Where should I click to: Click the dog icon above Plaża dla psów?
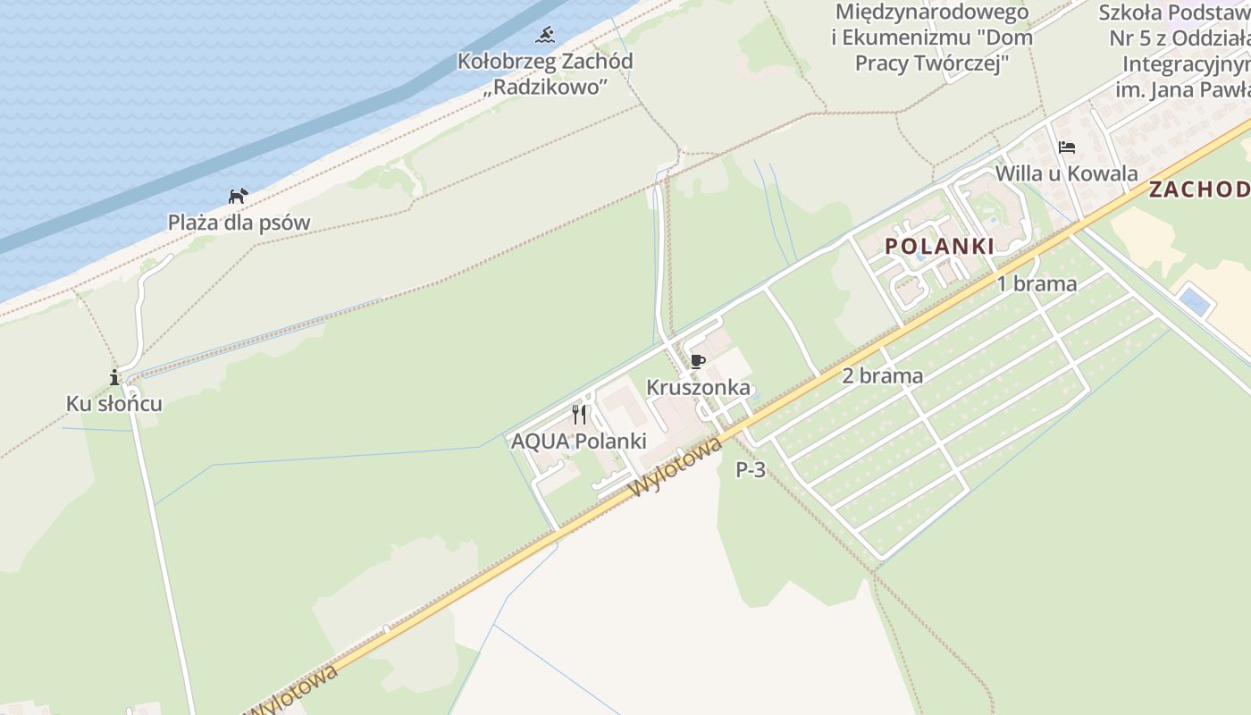click(237, 196)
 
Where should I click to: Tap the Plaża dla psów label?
click(239, 223)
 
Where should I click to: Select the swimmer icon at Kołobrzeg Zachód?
click(545, 36)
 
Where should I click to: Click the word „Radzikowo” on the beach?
click(545, 87)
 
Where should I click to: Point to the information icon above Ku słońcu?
click(114, 377)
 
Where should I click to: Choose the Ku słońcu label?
click(114, 404)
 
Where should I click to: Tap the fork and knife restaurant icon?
click(579, 414)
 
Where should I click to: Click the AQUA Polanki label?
click(578, 442)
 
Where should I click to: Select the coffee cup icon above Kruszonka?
click(698, 361)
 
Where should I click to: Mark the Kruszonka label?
click(698, 388)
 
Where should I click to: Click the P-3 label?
click(751, 470)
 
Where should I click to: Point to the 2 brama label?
click(882, 376)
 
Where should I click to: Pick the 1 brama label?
click(1037, 284)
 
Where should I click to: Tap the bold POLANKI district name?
click(939, 246)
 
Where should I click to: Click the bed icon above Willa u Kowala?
click(1066, 147)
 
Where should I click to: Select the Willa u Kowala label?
click(1066, 173)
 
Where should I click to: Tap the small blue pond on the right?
click(1194, 300)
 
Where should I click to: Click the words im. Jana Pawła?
click(1182, 90)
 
